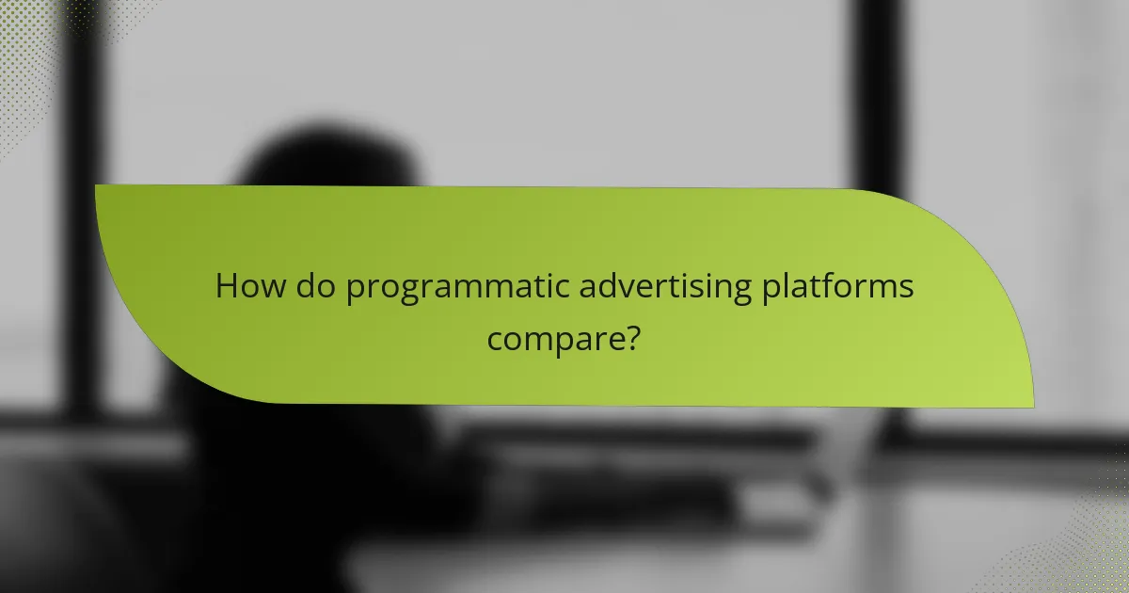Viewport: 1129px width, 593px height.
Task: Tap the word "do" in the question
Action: tap(310, 287)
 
